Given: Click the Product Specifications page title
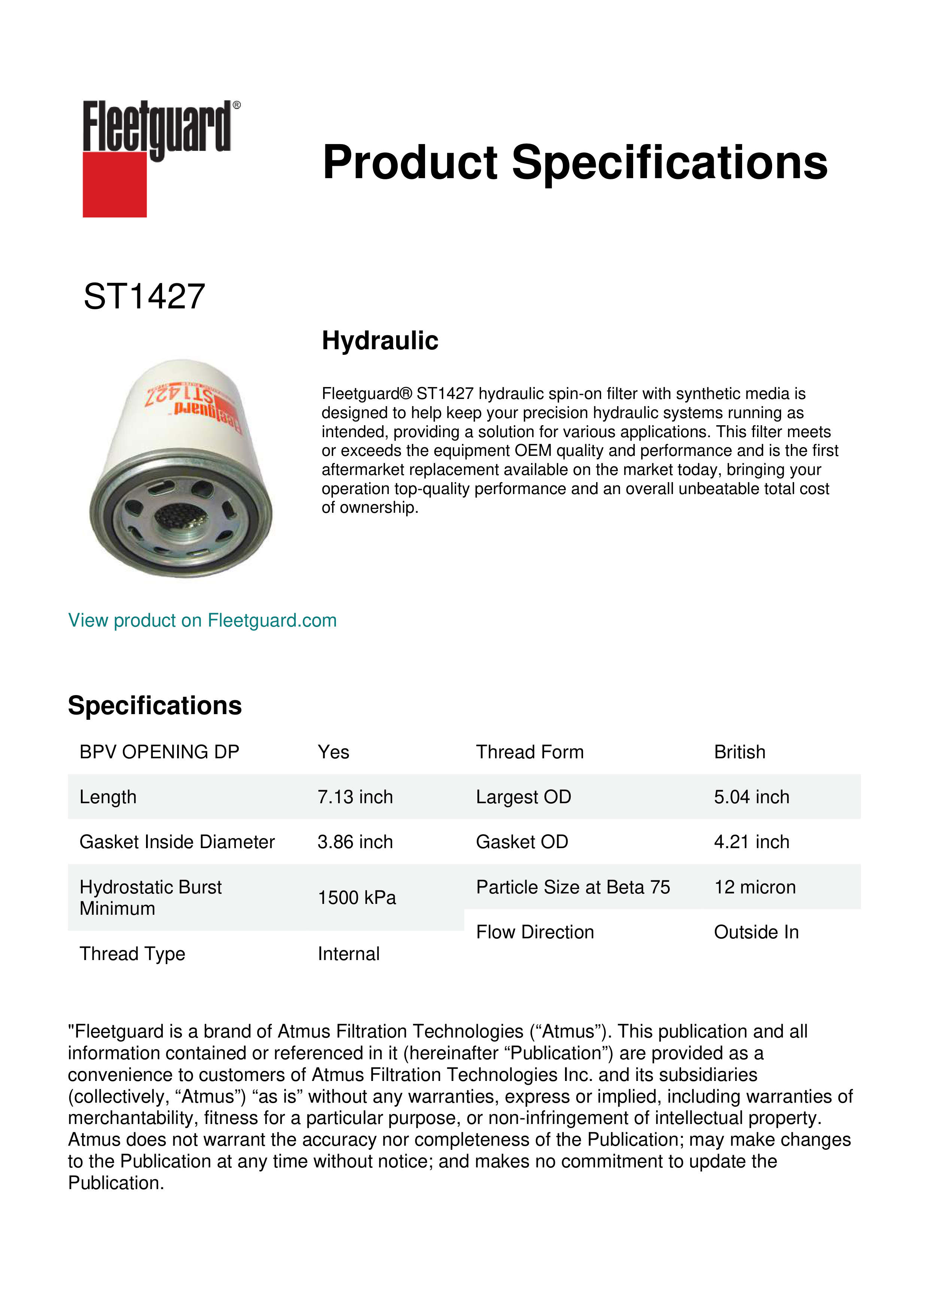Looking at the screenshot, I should (574, 162).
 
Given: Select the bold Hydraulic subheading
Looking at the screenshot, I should (380, 341).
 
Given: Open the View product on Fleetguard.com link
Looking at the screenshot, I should (202, 621).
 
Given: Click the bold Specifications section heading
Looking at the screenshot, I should (154, 706).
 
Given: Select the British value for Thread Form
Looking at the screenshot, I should (739, 752).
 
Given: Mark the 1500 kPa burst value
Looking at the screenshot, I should (356, 898).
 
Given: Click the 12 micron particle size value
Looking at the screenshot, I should (755, 887).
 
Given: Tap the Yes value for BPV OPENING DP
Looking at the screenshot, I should (333, 752).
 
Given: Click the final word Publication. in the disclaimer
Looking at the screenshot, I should (116, 1183).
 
